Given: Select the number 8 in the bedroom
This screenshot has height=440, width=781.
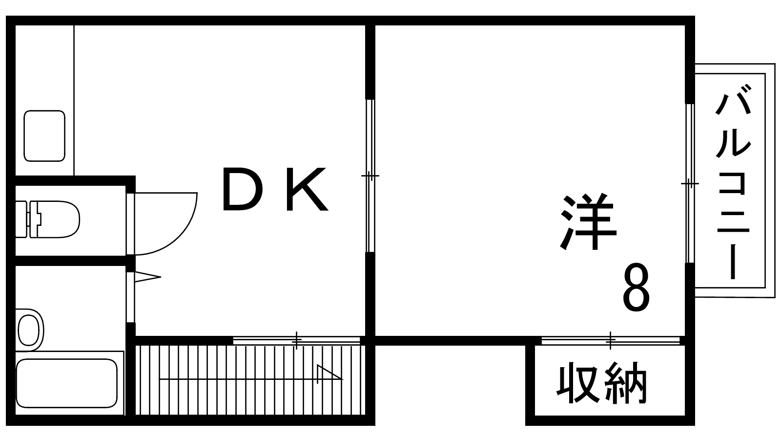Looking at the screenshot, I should [637, 289].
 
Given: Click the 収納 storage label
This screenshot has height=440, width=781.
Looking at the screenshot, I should [602, 384].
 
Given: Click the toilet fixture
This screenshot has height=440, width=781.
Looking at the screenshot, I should [54, 219].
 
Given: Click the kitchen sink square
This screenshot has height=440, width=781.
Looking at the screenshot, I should [44, 136].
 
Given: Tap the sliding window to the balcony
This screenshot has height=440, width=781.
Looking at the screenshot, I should [689, 184].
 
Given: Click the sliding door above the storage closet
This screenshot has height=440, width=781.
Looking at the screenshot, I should [610, 340].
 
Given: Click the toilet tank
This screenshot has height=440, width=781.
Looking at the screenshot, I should [22, 219].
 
